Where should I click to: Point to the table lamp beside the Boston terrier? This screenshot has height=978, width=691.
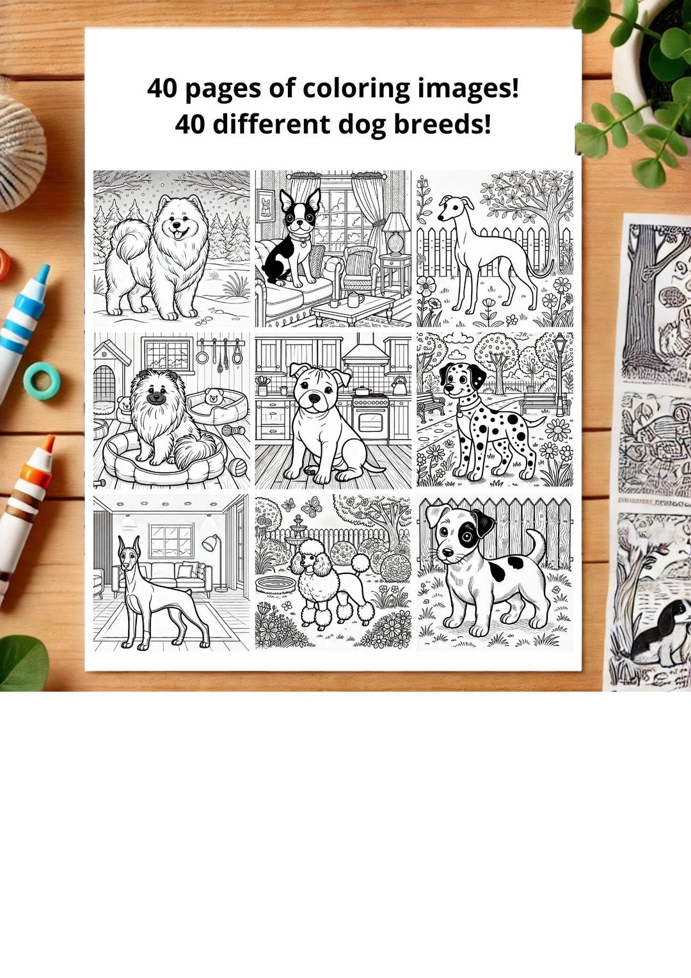[397, 234]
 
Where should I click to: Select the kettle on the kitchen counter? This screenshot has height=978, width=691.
[399, 385]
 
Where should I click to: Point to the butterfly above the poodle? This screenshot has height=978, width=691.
[311, 508]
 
